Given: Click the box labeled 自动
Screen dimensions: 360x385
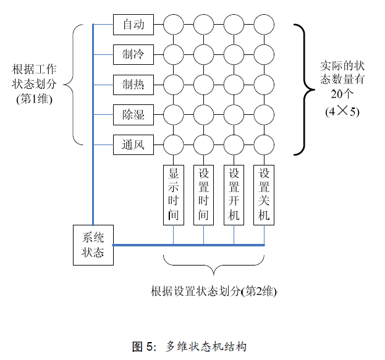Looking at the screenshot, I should point(133,25).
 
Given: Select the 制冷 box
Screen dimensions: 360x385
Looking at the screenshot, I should point(133,54).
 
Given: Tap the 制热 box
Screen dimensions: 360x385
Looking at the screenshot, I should point(133,84).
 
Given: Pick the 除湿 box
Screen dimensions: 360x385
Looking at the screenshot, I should point(133,114).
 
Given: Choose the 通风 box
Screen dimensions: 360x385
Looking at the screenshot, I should point(133,144).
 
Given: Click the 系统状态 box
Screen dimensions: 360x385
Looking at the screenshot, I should point(93,245).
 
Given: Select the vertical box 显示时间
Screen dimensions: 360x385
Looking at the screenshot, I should point(174,194).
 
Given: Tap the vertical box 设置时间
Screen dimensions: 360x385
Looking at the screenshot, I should point(204,194).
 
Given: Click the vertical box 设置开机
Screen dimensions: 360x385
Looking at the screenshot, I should point(234,194).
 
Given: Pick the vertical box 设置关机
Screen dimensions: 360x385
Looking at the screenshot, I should point(264,194).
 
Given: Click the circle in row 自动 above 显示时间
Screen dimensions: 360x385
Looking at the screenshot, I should point(174,25).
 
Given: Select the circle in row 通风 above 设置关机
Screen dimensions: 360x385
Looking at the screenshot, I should point(264,144).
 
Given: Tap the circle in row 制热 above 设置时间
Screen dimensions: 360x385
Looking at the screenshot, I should point(204,84).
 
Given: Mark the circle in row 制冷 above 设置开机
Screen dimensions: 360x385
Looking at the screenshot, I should point(234,54).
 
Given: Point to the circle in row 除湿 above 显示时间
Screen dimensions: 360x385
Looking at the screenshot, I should point(174,114).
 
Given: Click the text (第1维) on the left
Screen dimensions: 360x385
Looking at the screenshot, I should point(34,98).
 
